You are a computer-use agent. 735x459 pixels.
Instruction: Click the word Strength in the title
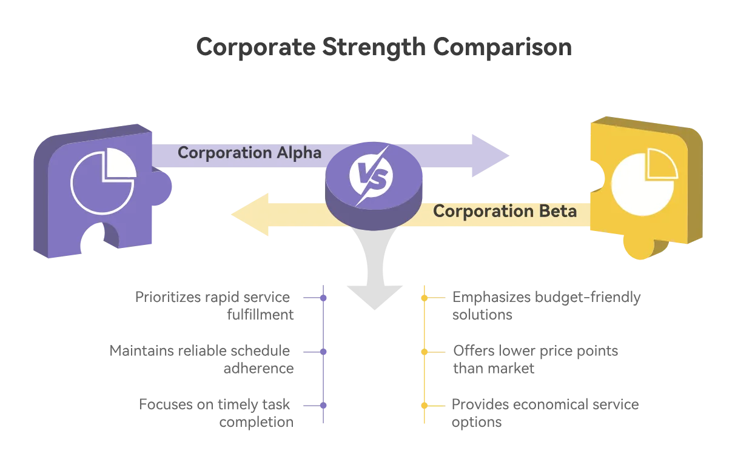[374, 47]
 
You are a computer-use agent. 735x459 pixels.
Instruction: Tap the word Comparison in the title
[502, 47]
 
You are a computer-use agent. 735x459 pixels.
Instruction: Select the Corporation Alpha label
[249, 153]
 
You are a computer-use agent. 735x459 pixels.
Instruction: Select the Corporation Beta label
[505, 211]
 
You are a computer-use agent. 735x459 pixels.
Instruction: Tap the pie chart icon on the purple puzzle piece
[104, 181]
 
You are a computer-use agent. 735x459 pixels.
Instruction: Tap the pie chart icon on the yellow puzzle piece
[644, 182]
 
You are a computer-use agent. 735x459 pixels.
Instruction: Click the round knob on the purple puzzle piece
[162, 187]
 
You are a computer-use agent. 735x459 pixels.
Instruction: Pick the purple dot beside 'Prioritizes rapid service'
[323, 298]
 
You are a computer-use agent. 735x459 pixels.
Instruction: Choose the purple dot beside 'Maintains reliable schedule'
[323, 352]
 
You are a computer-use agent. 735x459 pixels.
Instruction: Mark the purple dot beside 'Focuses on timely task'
[323, 406]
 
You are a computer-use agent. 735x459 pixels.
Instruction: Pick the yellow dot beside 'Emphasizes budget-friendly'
[425, 298]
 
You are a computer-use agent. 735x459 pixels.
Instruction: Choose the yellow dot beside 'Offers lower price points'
[425, 352]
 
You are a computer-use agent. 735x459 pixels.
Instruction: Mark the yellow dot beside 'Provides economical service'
[425, 406]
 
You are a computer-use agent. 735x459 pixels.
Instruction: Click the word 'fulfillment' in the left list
[260, 315]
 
